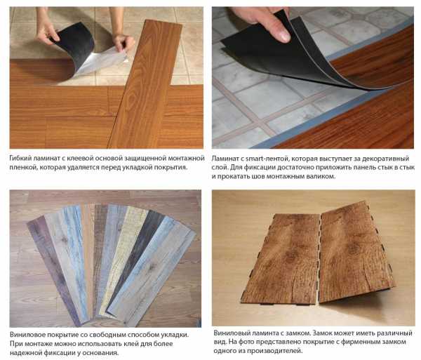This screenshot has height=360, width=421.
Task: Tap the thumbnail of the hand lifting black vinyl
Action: point(313,78)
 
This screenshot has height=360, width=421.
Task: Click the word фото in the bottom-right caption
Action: point(246,342)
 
